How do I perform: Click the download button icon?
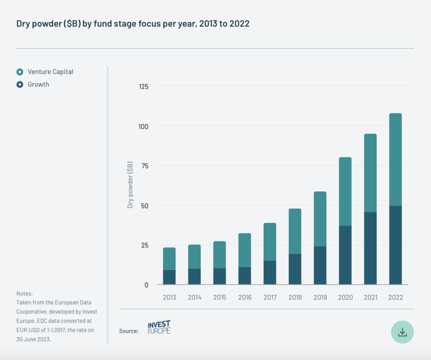402,332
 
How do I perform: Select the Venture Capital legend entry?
50,72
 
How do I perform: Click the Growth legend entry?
38,85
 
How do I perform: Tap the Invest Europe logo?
159,327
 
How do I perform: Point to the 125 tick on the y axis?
143,87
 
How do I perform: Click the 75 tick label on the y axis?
144,166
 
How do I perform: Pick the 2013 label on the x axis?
169,297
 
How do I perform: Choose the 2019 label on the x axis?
320,297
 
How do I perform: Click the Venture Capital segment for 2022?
395,160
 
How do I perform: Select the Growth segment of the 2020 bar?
345,255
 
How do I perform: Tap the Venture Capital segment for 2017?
270,242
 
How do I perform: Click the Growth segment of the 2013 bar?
169,277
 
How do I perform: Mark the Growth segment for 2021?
370,248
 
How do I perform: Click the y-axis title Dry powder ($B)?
130,185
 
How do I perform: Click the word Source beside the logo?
129,331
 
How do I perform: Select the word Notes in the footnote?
25,293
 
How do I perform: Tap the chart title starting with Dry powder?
133,24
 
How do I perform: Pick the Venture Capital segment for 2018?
295,231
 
